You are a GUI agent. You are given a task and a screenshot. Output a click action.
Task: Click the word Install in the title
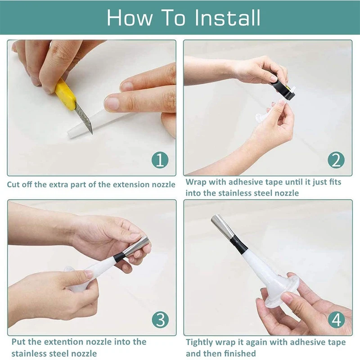[228, 18]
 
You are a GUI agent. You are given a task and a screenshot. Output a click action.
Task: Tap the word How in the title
[130, 18]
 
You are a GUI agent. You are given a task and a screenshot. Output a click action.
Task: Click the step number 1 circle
[160, 160]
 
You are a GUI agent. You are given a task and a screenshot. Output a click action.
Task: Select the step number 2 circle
[336, 160]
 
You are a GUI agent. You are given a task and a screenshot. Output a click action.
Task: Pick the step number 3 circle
[160, 320]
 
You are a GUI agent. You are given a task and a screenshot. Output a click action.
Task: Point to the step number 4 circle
[336, 320]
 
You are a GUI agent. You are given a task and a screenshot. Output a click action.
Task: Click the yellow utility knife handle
[65, 94]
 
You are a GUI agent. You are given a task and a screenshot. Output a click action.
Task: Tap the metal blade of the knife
[84, 118]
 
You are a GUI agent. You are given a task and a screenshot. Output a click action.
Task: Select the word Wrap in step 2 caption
[196, 182]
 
